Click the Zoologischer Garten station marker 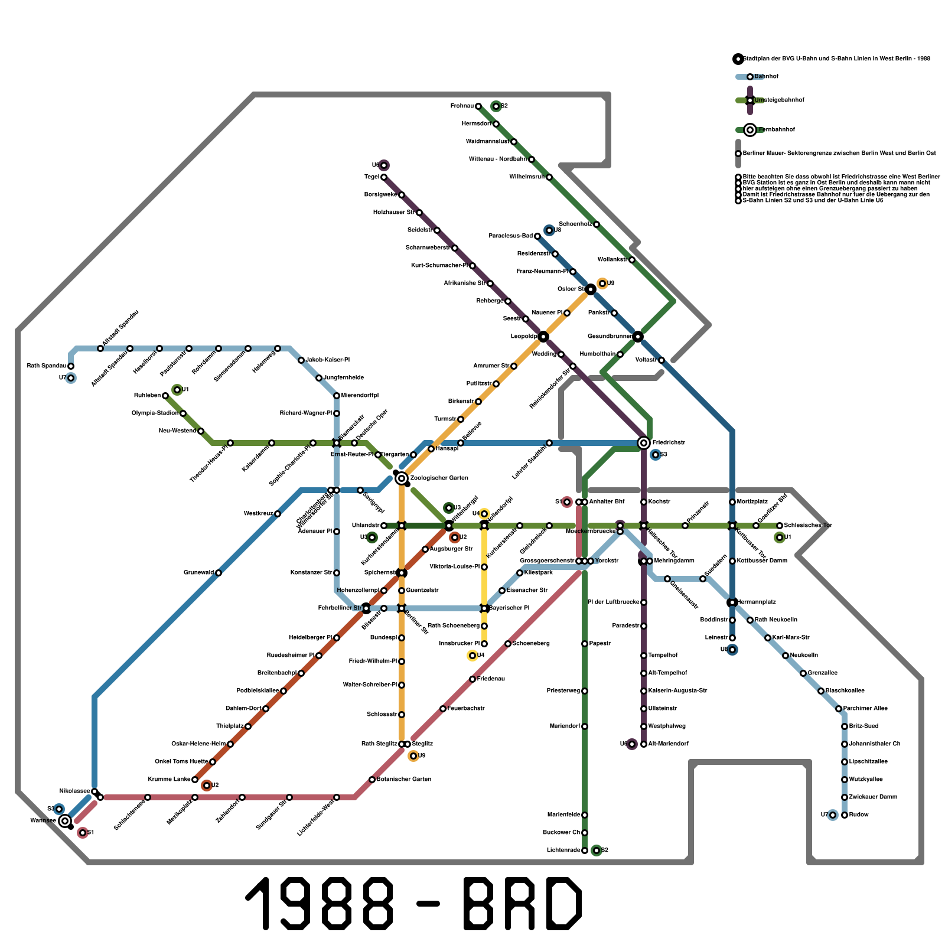point(402,478)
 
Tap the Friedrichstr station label point(669,443)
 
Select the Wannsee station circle point(65,820)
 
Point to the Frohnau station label point(462,106)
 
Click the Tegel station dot point(384,177)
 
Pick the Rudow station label point(859,815)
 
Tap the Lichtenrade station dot point(585,850)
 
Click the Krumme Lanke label point(169,780)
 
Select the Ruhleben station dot point(165,396)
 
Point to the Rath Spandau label point(47,366)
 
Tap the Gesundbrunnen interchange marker point(638,337)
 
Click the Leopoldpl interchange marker point(543,337)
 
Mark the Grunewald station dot point(219,573)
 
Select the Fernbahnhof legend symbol point(750,130)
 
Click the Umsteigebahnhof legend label point(779,100)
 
